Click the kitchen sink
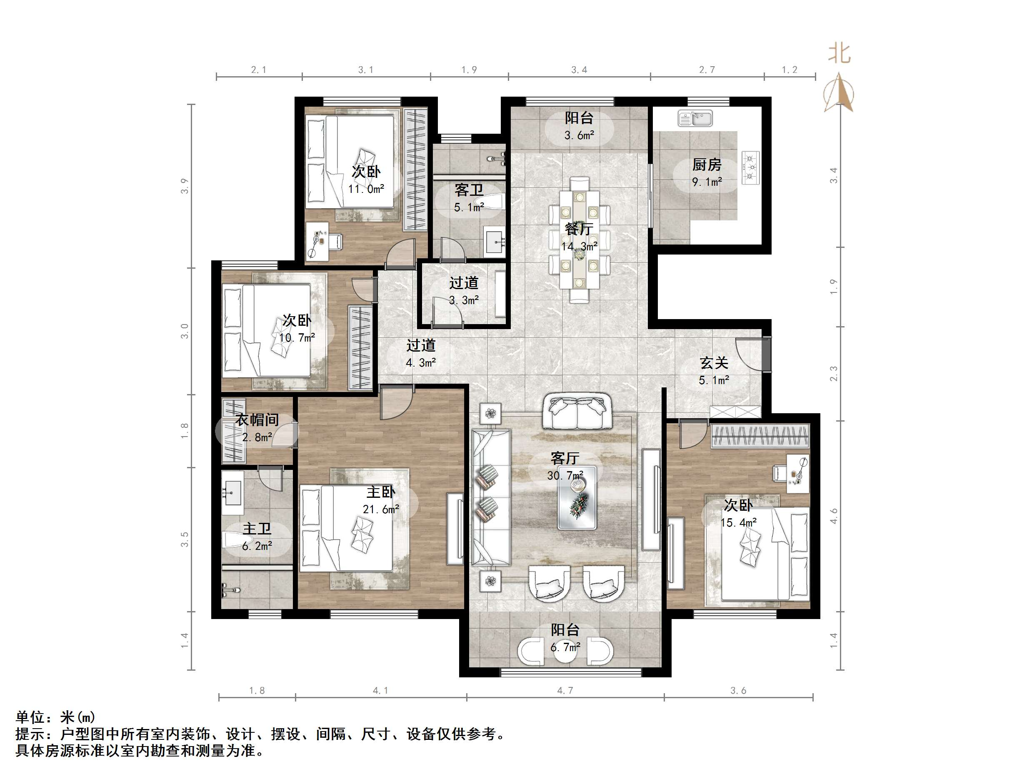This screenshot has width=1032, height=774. (695, 118)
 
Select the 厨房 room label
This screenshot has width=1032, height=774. (707, 165)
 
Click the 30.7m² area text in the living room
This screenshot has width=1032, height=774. (565, 475)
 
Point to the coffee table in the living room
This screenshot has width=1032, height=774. (577, 497)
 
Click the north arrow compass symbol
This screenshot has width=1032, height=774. (839, 93)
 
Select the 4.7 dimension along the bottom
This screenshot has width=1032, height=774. (565, 690)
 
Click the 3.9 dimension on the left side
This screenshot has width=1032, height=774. (185, 186)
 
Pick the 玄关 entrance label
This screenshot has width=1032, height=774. (714, 362)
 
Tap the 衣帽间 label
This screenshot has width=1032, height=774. (257, 420)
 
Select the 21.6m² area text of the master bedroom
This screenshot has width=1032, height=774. (381, 509)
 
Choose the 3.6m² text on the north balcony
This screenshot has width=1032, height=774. (579, 135)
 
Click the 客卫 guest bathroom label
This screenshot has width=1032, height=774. (469, 190)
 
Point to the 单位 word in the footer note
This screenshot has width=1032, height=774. (30, 717)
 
